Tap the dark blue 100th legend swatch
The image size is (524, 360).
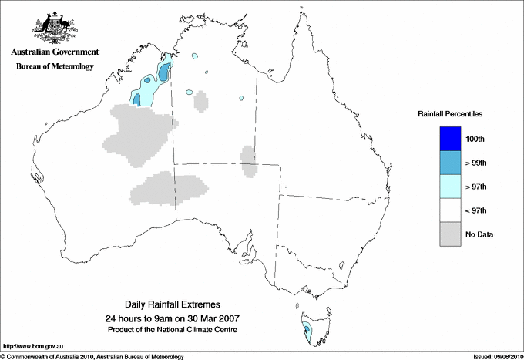tap(450, 138)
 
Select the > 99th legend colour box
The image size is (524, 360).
tap(450, 162)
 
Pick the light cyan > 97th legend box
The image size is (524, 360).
tap(450, 186)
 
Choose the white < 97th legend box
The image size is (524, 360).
tap(450, 210)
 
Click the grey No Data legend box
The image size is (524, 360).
tap(450, 234)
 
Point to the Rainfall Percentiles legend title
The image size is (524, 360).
tap(450, 113)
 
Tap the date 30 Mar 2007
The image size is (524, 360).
tap(210, 318)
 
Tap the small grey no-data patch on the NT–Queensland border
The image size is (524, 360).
tap(248, 160)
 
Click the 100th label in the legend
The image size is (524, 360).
tap(475, 139)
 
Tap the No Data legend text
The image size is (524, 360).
tap(479, 234)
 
